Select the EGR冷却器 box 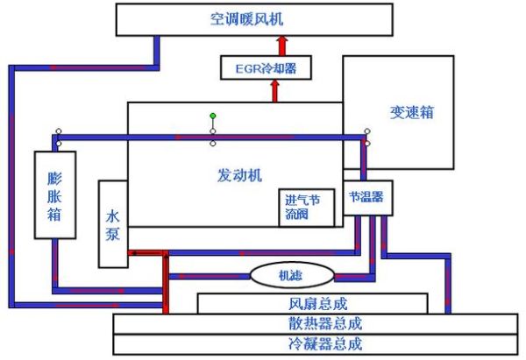click(265, 67)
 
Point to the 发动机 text click(239, 174)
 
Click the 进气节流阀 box click(302, 207)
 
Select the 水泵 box click(113, 224)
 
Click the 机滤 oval click(290, 275)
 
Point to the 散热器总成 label click(313, 323)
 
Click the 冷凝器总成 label click(313, 343)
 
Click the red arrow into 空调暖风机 click(281, 44)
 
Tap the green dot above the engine click(212, 116)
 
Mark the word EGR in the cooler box click(244, 67)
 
